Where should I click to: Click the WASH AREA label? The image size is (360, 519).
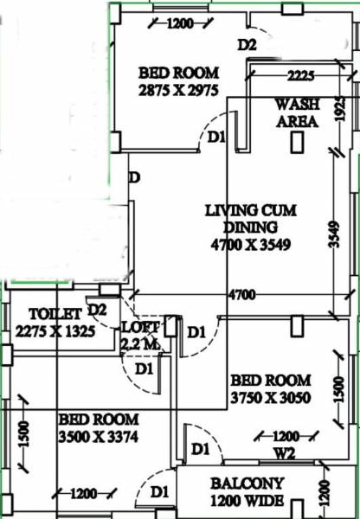(x=297, y=112)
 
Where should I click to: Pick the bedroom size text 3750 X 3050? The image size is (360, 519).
(x=270, y=397)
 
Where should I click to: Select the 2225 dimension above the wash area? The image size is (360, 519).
(x=301, y=76)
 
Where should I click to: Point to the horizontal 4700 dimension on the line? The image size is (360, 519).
(x=241, y=296)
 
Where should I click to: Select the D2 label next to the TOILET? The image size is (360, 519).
(x=98, y=309)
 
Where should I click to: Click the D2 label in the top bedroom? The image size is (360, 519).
(x=247, y=43)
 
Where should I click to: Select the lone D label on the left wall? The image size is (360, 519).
(x=134, y=177)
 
